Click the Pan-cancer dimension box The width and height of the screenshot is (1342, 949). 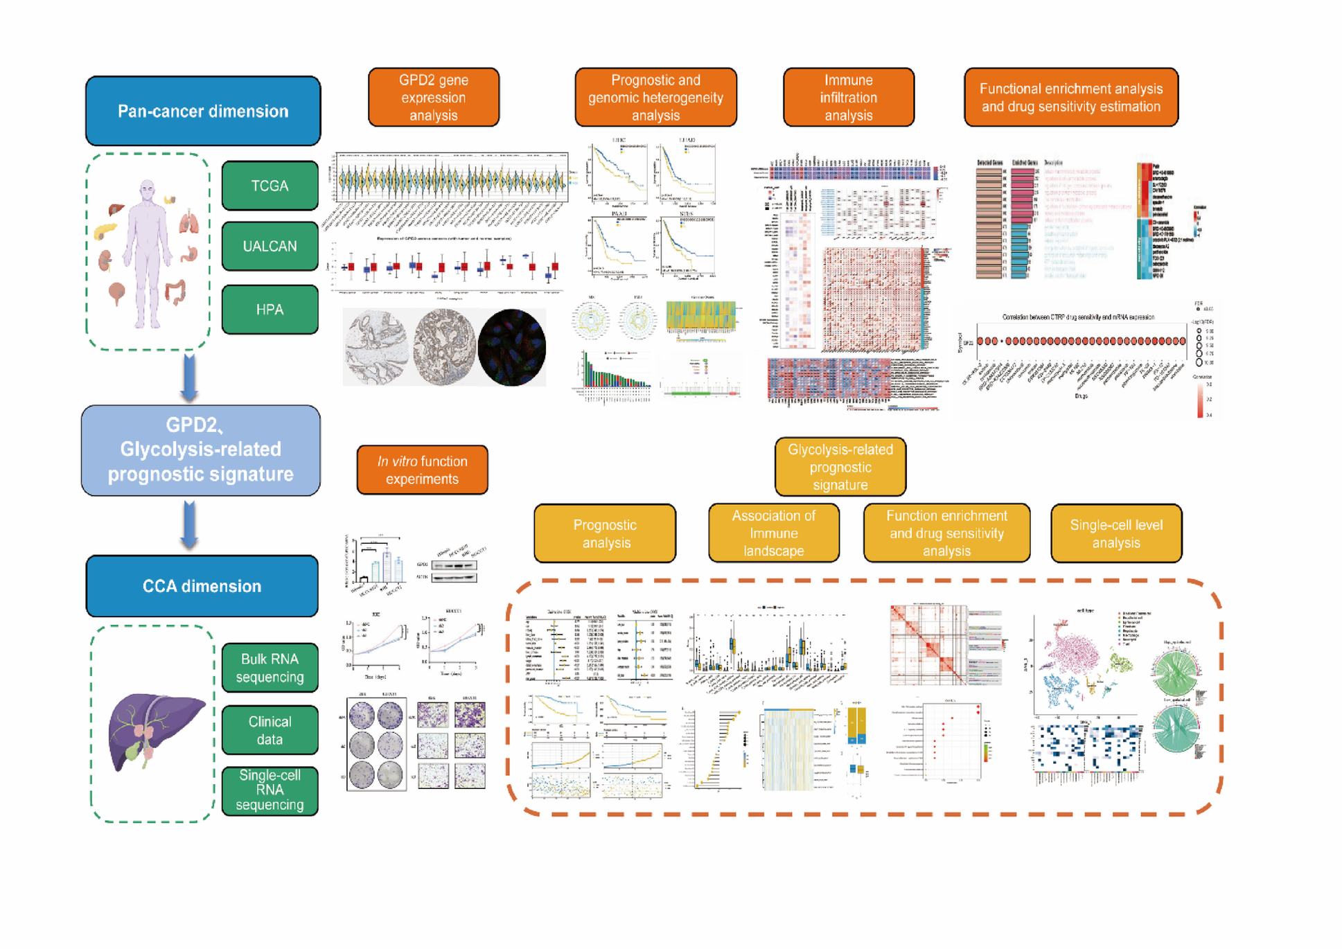point(202,111)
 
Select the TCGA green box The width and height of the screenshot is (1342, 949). point(270,186)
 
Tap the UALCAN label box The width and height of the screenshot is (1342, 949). point(270,246)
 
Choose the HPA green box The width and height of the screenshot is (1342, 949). point(270,309)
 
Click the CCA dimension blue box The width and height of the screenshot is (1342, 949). point(202,586)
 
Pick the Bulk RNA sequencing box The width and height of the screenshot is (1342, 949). point(270,668)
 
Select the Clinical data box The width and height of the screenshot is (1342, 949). point(270,730)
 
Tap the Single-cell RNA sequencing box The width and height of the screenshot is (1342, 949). point(270,790)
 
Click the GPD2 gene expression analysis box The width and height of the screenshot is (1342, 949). point(433,98)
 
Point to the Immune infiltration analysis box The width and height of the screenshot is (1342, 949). point(848,98)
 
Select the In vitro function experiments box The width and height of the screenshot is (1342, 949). point(422,470)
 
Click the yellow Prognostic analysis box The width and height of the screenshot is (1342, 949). point(605,533)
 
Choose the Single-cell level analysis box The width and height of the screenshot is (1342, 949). point(1115,533)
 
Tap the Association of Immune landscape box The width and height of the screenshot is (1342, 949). point(773,533)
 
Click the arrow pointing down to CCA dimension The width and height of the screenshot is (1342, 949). point(189,525)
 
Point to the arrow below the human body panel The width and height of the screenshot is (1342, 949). point(189,378)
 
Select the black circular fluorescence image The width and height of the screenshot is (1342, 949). point(511,347)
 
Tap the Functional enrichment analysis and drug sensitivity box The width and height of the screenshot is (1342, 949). point(1070,98)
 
